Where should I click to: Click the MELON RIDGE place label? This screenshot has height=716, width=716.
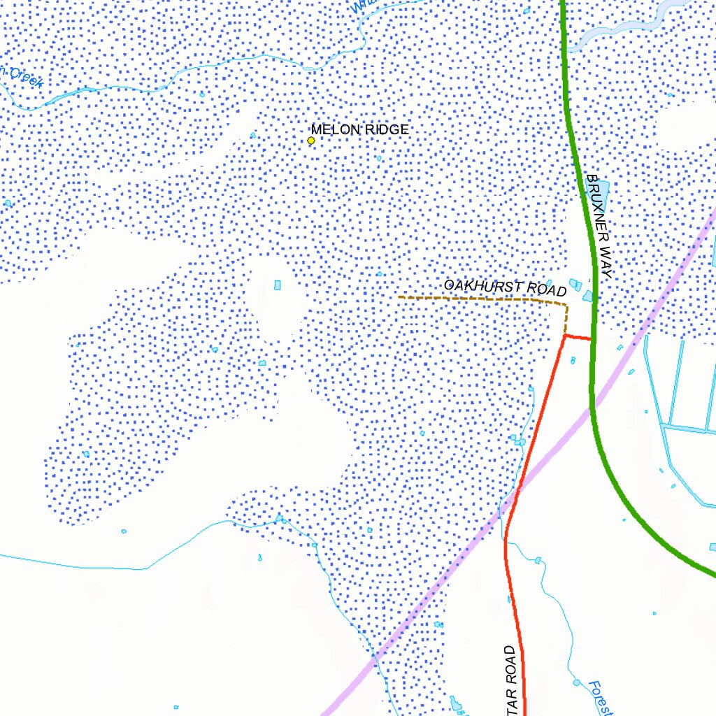[x=359, y=129]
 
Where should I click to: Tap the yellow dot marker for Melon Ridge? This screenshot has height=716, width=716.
[x=311, y=141]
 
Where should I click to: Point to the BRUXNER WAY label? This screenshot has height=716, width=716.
[x=599, y=227]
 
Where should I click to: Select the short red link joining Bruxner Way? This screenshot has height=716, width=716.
[x=578, y=338]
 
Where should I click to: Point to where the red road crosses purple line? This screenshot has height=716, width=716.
[x=515, y=497]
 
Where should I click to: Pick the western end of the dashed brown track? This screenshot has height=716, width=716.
[x=400, y=297]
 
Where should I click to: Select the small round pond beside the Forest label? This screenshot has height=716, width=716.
[x=577, y=682]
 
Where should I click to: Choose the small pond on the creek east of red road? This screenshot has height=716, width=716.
[x=538, y=560]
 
